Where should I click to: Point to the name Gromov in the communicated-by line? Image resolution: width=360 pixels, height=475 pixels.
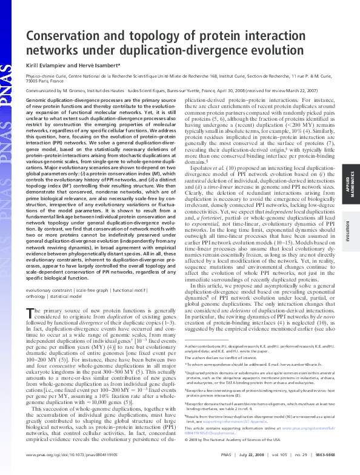tap(87, 89)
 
